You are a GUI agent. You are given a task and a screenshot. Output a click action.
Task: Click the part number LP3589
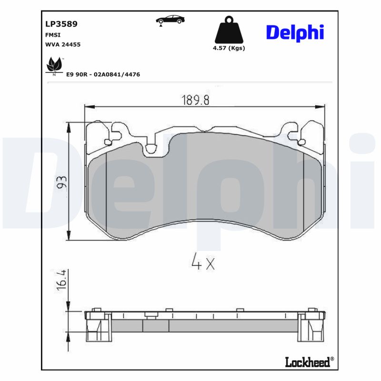[x=61, y=23]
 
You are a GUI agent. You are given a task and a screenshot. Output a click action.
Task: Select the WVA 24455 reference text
[x=62, y=44]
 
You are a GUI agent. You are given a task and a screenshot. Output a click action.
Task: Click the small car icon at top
[x=170, y=20]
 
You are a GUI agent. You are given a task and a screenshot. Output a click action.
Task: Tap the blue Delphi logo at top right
[x=295, y=32]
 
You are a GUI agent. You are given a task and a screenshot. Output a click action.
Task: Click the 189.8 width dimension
[x=195, y=100]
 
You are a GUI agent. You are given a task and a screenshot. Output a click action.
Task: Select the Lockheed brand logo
[x=307, y=362]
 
